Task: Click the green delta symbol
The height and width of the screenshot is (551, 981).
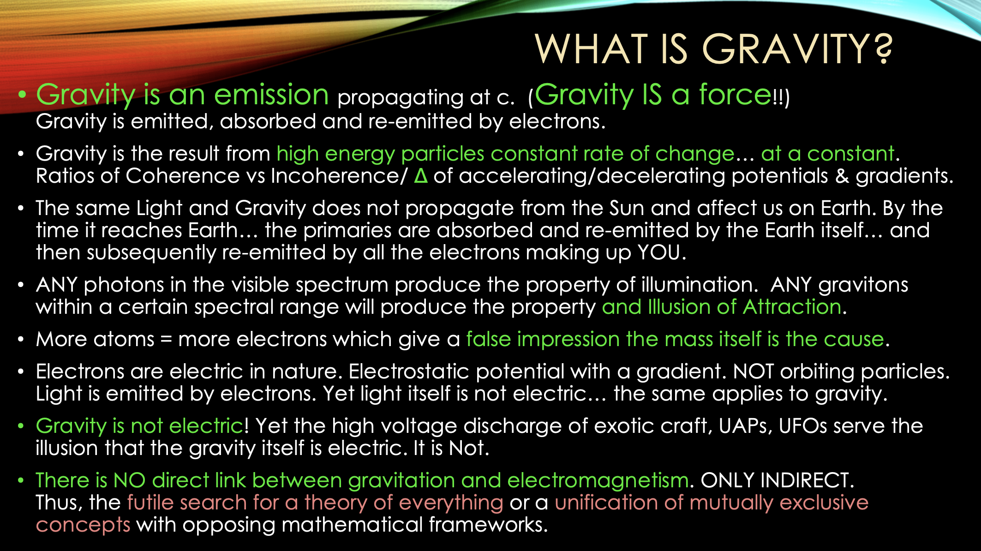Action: (420, 176)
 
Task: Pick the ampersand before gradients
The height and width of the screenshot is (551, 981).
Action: (842, 176)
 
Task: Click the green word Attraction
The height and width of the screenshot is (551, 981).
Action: (792, 307)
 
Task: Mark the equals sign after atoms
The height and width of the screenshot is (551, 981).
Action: (166, 340)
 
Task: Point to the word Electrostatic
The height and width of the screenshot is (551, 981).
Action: (409, 371)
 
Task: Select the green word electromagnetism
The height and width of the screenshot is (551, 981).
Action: (598, 481)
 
